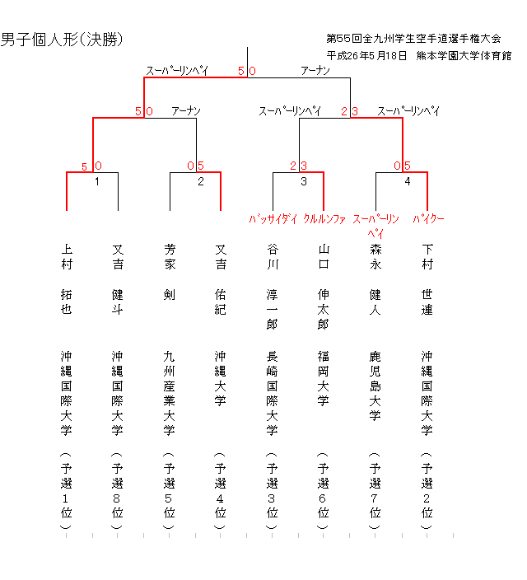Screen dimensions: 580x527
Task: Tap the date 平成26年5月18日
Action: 367,56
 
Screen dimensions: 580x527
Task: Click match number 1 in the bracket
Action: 97,182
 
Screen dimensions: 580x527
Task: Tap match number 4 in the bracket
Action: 407,182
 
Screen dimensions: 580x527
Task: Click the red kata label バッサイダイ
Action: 273,219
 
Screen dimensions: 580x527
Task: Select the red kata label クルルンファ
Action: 324,219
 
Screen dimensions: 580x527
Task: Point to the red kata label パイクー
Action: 428,219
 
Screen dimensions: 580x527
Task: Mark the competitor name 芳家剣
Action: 170,271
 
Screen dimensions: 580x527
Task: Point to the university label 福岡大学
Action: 324,378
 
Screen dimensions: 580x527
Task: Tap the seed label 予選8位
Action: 118,490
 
